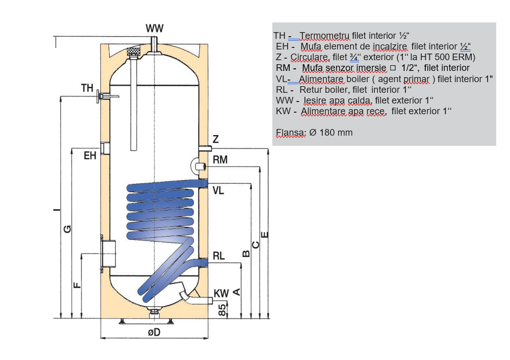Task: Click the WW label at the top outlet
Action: pos(155,29)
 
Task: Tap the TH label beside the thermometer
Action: pos(87,88)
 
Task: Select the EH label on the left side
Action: pos(90,156)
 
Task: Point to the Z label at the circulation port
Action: pos(216,139)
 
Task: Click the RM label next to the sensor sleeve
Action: pos(220,160)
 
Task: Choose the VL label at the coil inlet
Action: pos(218,191)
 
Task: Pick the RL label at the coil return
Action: pos(218,256)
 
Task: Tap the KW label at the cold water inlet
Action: pos(221,294)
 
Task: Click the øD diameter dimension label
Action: pos(154,332)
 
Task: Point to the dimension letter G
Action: pos(67,229)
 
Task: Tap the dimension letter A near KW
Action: pos(236,292)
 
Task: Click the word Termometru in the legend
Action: pos(324,36)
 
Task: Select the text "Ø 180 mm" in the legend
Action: pos(331,133)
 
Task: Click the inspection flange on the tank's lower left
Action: pos(108,253)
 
